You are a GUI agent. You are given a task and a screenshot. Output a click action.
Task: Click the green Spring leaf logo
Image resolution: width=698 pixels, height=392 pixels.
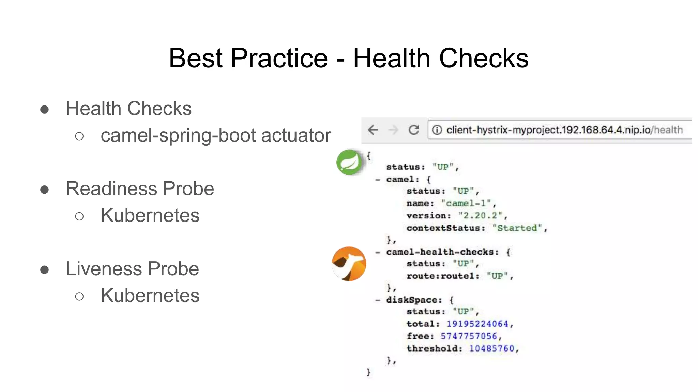point(349,162)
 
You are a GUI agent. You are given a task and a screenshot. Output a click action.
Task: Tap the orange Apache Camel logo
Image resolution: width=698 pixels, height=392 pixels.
point(349,264)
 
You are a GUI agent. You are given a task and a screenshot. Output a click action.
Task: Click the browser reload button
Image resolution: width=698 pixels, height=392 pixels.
point(414,130)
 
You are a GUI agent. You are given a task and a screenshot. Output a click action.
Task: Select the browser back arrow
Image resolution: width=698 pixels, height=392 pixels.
point(373,130)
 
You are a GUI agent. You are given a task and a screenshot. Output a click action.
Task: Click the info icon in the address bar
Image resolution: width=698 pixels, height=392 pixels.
point(437,130)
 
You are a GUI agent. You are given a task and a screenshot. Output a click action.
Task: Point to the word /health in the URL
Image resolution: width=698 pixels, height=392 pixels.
point(667,130)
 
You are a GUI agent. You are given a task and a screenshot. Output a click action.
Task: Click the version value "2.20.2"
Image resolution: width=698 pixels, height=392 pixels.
point(480,215)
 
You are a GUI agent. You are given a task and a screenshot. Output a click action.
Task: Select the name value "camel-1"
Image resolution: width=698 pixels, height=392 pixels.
point(466,203)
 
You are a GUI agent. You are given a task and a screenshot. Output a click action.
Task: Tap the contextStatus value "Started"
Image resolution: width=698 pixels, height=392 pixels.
point(517,228)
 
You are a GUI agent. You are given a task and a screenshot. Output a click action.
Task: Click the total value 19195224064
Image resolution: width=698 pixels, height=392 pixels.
point(477,324)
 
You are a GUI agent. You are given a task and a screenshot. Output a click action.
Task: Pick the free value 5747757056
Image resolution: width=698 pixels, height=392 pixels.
point(469,336)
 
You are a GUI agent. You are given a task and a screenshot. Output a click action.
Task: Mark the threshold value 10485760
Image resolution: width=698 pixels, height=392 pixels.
point(491,348)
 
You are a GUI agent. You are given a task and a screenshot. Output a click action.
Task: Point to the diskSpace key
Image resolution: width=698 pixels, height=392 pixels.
point(414,300)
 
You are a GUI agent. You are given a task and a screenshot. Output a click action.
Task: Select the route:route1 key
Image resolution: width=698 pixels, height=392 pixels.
point(443,276)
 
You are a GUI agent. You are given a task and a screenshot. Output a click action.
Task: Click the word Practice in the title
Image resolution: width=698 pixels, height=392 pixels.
point(279,58)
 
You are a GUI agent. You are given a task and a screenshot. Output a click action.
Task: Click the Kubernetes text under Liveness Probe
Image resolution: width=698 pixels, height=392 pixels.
point(150,295)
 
